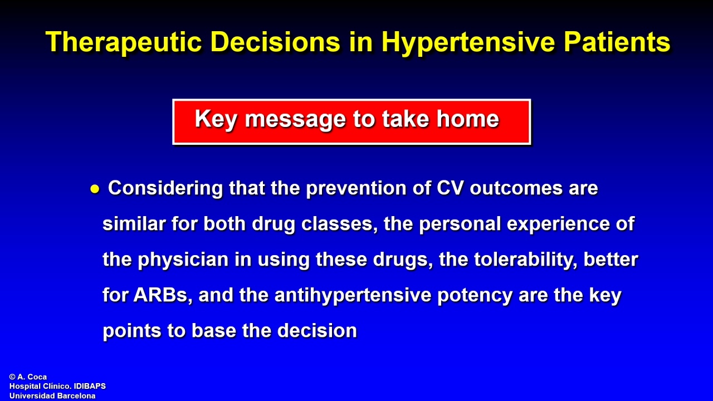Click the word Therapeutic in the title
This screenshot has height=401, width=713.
(x=124, y=42)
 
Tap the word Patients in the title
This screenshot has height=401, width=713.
(x=617, y=42)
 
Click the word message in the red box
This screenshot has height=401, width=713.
(x=295, y=120)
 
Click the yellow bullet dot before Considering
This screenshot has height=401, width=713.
(x=95, y=189)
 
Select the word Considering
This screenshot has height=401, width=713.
(x=165, y=189)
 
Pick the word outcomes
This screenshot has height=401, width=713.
(x=516, y=188)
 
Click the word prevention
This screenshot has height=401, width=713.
(x=356, y=189)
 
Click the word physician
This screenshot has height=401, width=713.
(x=183, y=260)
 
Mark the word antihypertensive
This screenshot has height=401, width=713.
(x=353, y=296)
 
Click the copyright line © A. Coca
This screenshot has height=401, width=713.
(x=28, y=377)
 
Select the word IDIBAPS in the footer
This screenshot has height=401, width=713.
(x=90, y=386)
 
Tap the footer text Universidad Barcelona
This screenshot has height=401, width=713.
(x=52, y=395)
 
